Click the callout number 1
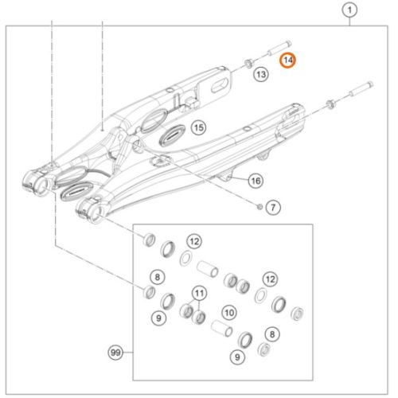coord(347,10)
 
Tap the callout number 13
coord(261,74)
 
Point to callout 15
coord(198,127)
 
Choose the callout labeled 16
coord(256,181)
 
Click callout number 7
coord(271,209)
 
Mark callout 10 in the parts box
coord(228,312)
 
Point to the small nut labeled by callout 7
coord(260,208)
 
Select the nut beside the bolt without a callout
coord(329,102)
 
